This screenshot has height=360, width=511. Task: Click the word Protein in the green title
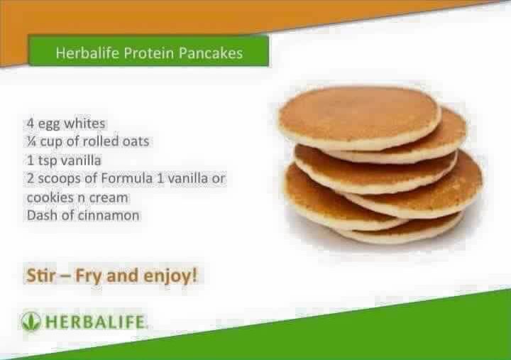(x=148, y=53)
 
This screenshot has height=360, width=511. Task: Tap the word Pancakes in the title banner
(x=211, y=53)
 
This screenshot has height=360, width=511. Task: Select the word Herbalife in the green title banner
(x=87, y=53)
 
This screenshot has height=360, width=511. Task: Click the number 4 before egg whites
(x=31, y=124)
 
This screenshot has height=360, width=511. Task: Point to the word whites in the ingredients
(x=84, y=124)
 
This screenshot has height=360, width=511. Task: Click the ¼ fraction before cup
(x=32, y=141)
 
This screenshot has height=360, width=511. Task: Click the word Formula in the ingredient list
(x=127, y=178)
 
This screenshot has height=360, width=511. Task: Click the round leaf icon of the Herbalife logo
(x=31, y=321)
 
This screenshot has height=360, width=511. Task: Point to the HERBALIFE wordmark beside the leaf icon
(x=94, y=322)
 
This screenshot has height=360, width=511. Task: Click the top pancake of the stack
(x=358, y=117)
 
